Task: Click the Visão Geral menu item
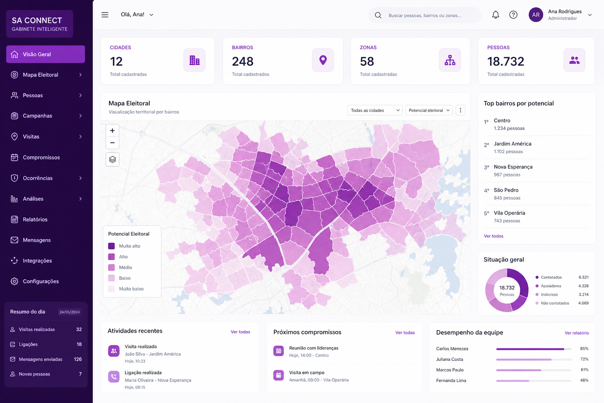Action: [x=45, y=54]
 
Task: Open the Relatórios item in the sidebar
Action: [x=35, y=220]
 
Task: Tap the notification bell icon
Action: [x=495, y=15]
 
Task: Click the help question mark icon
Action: [x=513, y=15]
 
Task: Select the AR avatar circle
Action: [x=536, y=15]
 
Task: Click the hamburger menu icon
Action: [x=105, y=15]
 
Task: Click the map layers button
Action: [x=112, y=159]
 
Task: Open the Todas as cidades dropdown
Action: [x=375, y=110]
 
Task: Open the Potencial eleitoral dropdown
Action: [x=429, y=110]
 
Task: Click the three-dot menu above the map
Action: [x=460, y=110]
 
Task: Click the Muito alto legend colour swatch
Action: [x=111, y=246]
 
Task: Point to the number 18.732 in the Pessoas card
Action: [x=506, y=61]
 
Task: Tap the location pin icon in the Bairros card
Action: [x=323, y=60]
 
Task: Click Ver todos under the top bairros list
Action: [x=494, y=236]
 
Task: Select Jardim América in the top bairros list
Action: [x=513, y=144]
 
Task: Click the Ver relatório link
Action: [x=576, y=333]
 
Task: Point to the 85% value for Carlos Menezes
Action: [x=584, y=348]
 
